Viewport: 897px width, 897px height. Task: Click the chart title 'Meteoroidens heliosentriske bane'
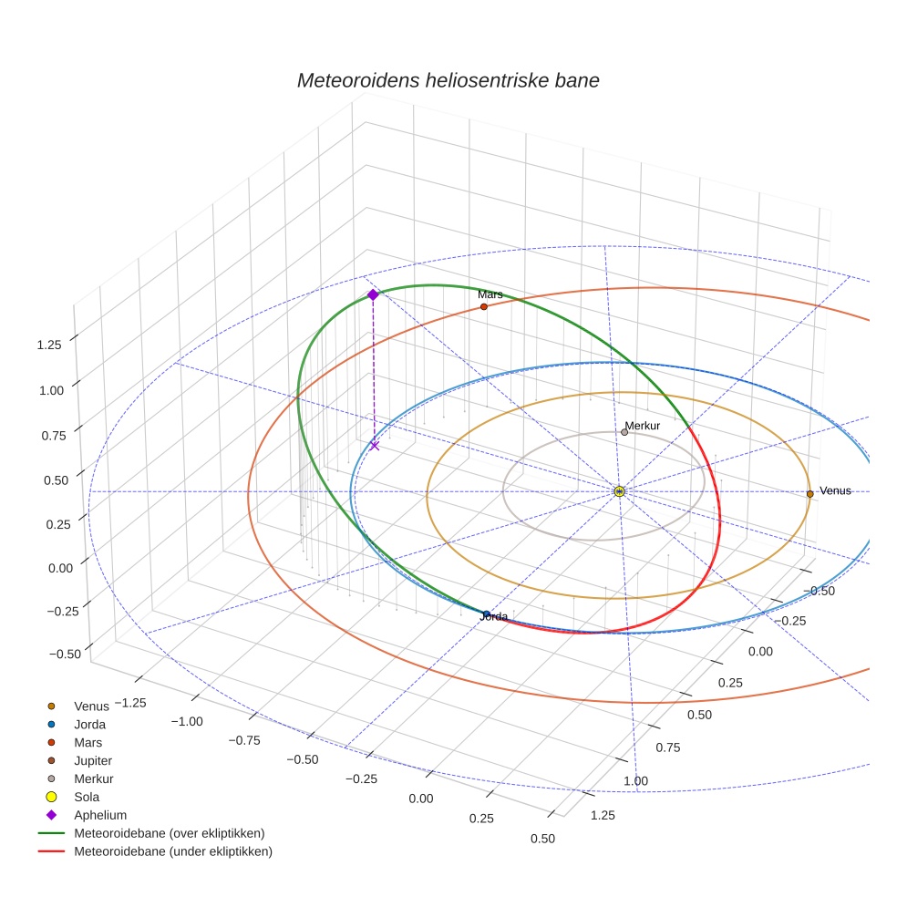coord(448,80)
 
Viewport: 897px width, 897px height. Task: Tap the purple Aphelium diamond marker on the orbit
coord(373,294)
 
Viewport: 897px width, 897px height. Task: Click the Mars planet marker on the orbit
coord(483,307)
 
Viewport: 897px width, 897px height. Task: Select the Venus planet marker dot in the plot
coord(809,494)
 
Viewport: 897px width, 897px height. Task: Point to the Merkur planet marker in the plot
coord(624,432)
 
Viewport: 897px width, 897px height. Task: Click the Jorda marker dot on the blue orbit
coord(487,614)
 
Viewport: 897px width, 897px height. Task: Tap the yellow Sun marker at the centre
coord(619,492)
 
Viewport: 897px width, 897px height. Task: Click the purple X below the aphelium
coord(375,446)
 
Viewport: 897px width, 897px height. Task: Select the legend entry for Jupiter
coord(93,760)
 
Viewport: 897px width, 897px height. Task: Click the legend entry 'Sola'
coord(87,797)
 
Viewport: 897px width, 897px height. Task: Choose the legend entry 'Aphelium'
coord(99,815)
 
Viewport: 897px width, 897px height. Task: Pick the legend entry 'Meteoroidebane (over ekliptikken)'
coord(170,833)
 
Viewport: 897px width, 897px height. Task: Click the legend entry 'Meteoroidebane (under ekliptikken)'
coord(173,851)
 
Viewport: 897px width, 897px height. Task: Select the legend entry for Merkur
coord(94,778)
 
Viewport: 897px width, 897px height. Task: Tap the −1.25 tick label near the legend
coord(128,702)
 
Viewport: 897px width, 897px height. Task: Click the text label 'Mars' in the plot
coord(490,294)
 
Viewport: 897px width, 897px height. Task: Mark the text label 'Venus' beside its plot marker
coord(835,490)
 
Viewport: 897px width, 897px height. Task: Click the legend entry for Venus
coord(91,706)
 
